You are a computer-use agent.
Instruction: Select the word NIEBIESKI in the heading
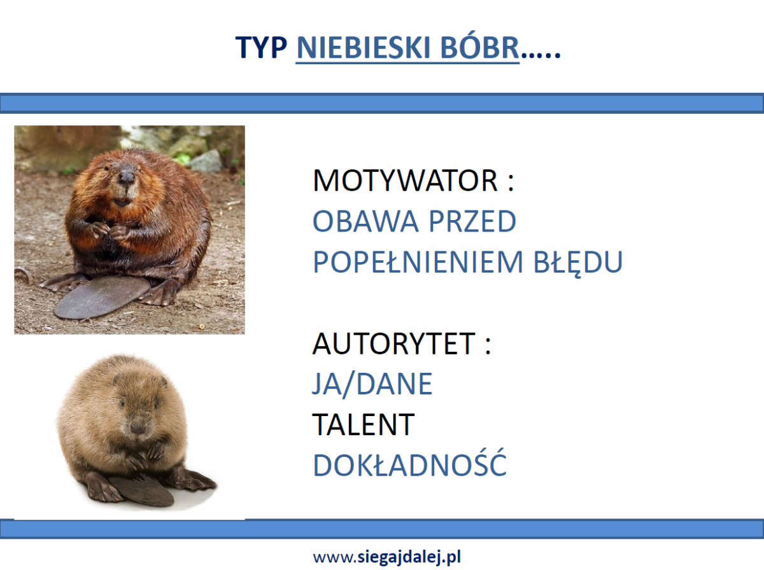click(364, 47)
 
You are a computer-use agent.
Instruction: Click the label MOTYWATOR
click(405, 181)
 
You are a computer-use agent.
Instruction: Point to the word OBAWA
click(365, 221)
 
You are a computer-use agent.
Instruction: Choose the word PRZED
click(472, 221)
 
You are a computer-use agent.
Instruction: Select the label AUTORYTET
click(393, 344)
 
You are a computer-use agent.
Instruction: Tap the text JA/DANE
click(372, 384)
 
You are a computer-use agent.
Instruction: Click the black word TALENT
click(364, 424)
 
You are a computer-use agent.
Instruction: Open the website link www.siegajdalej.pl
click(387, 557)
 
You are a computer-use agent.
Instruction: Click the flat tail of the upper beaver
click(102, 298)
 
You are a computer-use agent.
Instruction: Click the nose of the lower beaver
click(138, 427)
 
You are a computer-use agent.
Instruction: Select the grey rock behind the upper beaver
click(207, 161)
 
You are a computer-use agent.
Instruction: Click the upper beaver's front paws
click(110, 230)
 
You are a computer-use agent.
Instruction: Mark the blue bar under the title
click(382, 103)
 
